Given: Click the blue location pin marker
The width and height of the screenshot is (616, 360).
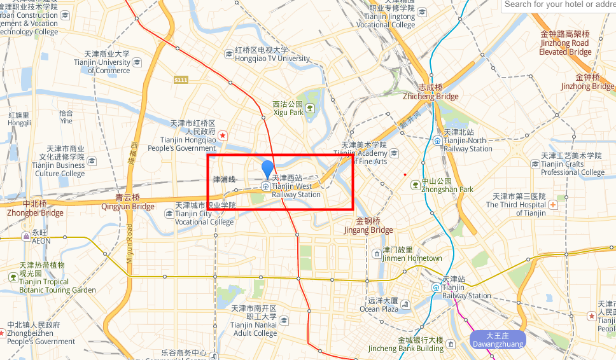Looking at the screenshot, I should pyautogui.click(x=267, y=169).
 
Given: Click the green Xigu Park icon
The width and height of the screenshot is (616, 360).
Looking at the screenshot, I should pyautogui.click(x=310, y=108).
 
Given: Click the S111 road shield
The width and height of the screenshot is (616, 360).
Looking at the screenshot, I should pyautogui.click(x=181, y=80).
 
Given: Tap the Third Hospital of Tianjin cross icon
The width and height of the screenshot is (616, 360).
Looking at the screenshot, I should pyautogui.click(x=553, y=205).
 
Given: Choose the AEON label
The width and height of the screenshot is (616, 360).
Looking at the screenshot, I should pyautogui.click(x=41, y=242).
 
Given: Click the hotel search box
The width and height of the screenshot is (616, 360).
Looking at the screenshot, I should pyautogui.click(x=559, y=4).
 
